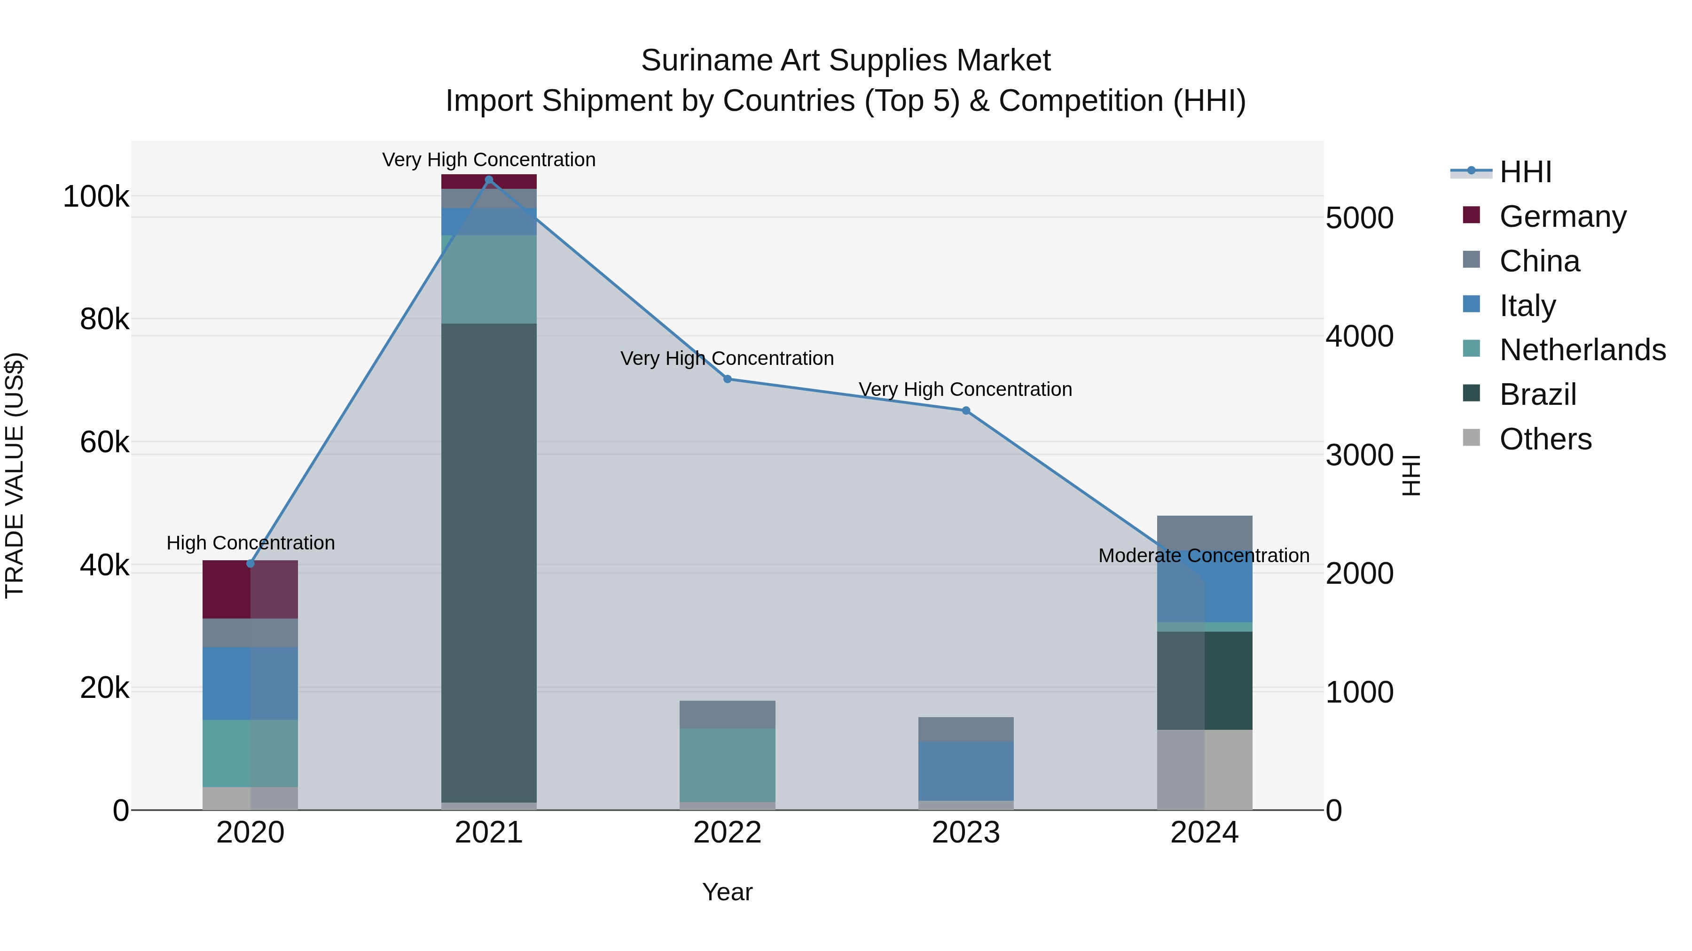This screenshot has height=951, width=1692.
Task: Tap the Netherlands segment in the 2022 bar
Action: [x=727, y=765]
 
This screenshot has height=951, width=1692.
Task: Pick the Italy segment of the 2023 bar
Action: [x=965, y=771]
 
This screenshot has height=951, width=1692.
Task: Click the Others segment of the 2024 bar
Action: [x=1205, y=769]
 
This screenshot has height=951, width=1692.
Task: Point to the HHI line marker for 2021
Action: [x=489, y=180]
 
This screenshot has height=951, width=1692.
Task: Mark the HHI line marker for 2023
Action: [x=965, y=411]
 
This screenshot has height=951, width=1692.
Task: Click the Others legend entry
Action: [x=1545, y=439]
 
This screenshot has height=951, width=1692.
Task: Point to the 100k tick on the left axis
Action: [x=96, y=196]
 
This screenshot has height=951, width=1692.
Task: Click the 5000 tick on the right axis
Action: [x=1359, y=218]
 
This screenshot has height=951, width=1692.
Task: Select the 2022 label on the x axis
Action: [x=727, y=833]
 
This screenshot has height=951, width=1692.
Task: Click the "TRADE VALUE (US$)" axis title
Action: [x=15, y=475]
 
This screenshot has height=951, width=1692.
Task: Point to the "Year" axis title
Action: [x=727, y=892]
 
